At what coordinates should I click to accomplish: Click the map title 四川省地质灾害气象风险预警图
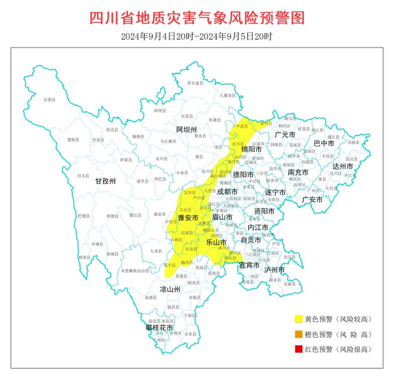(197, 19)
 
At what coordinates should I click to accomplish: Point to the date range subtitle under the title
(197, 37)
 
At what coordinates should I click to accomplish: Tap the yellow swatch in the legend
(299, 319)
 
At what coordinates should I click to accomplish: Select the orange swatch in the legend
(299, 334)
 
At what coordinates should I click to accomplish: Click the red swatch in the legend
(299, 349)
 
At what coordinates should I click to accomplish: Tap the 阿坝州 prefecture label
(186, 129)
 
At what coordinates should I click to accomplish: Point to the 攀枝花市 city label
(159, 328)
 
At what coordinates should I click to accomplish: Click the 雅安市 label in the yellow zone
(188, 218)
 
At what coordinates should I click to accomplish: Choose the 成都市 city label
(227, 192)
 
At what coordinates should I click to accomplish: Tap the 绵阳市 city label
(252, 149)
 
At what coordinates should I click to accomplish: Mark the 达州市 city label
(343, 166)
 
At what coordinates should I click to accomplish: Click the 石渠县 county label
(49, 100)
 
